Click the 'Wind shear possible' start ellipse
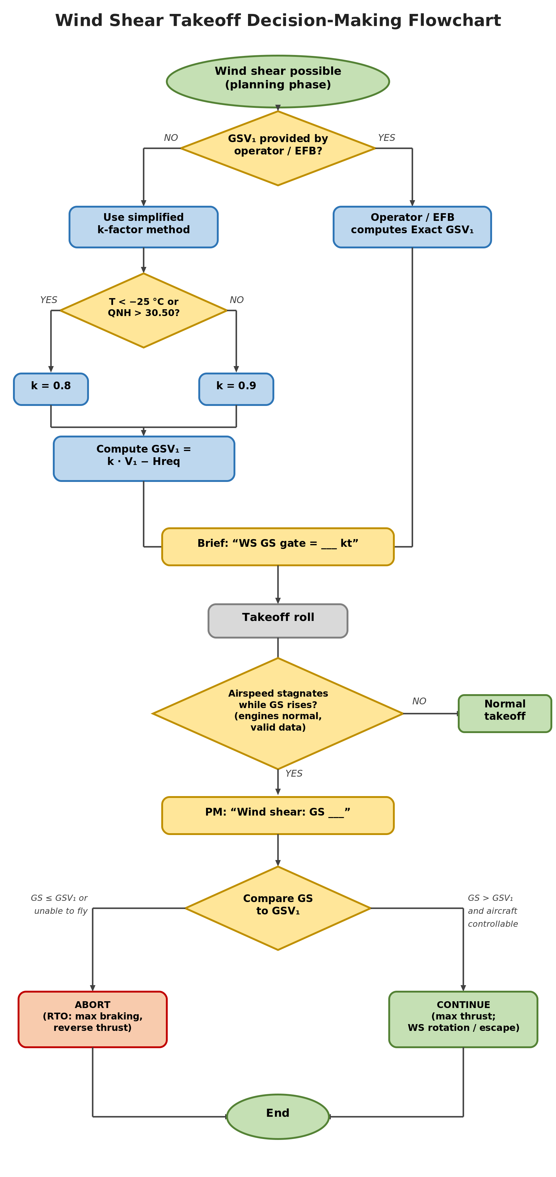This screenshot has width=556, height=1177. coord(278,81)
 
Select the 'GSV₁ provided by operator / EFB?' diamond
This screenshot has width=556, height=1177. coord(278,148)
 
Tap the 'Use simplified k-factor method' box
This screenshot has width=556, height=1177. coord(143,227)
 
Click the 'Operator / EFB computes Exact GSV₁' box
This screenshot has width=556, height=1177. coord(412,227)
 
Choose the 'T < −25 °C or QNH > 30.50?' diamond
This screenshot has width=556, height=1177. coord(143,310)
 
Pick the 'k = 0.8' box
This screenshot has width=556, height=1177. coord(51,389)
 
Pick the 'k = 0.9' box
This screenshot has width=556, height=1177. coord(236,389)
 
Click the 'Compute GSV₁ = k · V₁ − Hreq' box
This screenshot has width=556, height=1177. coord(144,458)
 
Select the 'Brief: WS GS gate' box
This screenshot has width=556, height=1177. coord(278,546)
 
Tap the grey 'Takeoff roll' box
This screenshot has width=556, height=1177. coord(278,621)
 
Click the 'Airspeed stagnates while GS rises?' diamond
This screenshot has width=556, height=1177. coord(278,713)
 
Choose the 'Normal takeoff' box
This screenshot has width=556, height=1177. coord(505,713)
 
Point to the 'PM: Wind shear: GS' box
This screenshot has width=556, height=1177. coord(278,815)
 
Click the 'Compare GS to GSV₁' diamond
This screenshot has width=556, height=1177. coord(278,908)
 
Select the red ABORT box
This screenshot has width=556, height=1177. coord(93,1019)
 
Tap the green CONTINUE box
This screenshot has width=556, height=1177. coord(463,1019)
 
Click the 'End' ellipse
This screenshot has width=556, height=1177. coord(278,1116)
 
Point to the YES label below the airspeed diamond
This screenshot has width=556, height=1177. coord(294,773)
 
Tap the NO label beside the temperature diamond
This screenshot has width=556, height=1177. coord(237,300)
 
